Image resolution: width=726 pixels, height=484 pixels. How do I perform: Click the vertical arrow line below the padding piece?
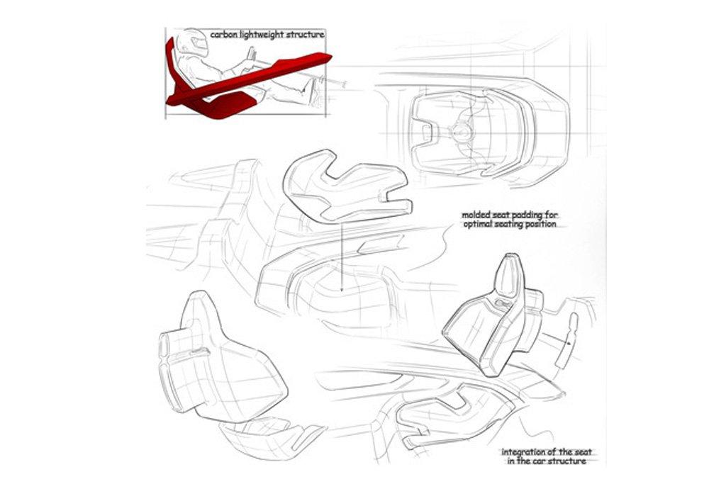coord(341,256)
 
